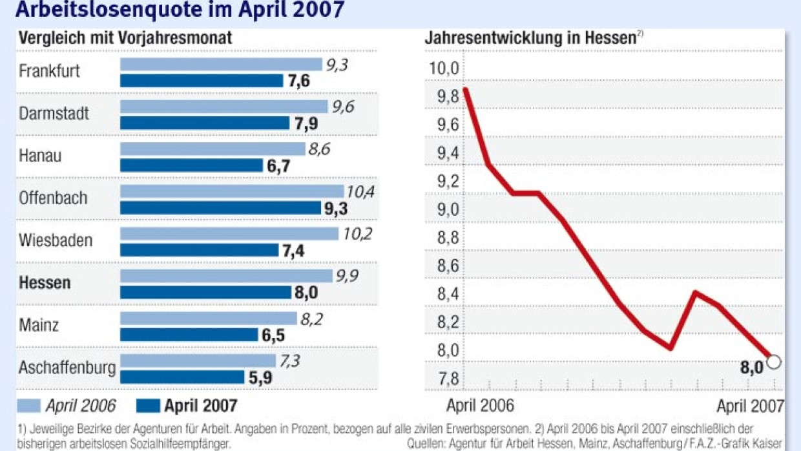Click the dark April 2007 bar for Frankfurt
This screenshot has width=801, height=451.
pyautogui.click(x=202, y=81)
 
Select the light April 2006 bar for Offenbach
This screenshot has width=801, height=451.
pyautogui.click(x=232, y=192)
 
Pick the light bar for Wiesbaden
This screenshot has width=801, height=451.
pyautogui.click(x=229, y=234)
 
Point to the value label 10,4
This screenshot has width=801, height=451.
pyautogui.click(x=360, y=192)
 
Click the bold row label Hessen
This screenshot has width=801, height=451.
pyautogui.click(x=45, y=283)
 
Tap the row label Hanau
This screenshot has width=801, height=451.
pyautogui.click(x=40, y=156)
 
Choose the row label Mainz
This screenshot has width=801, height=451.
pyautogui.click(x=39, y=325)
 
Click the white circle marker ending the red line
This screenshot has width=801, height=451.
pyautogui.click(x=773, y=362)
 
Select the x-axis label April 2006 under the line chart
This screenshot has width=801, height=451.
pyautogui.click(x=480, y=406)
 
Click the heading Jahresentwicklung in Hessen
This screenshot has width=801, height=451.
pyautogui.click(x=530, y=38)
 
